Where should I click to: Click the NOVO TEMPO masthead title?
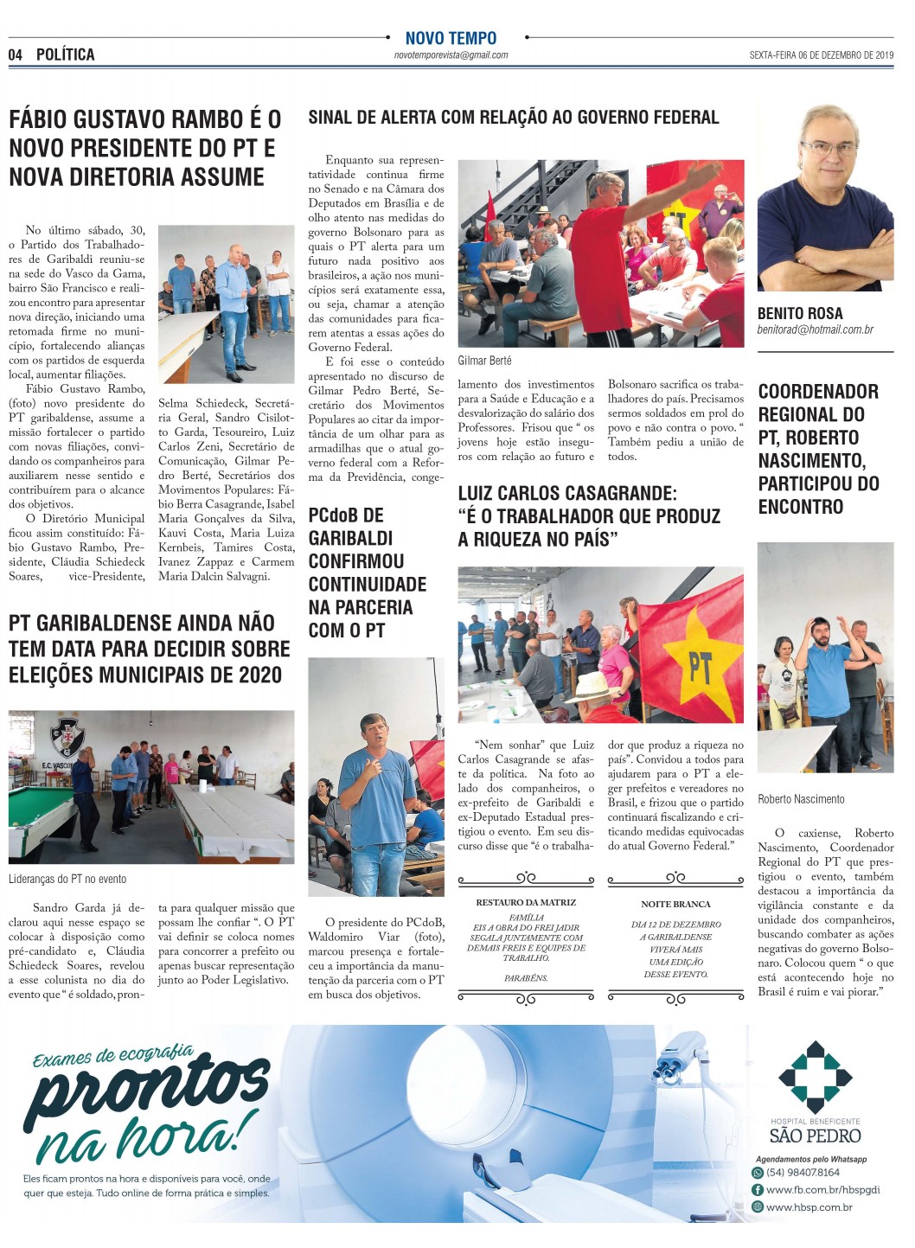tap(451, 38)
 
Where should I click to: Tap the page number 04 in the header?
tap(16, 54)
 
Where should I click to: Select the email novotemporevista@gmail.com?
tap(451, 55)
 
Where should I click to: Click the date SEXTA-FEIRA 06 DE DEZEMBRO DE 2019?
tap(821, 55)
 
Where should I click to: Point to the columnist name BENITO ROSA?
tap(799, 313)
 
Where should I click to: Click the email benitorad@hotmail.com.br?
tap(815, 330)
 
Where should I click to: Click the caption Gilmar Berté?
tap(484, 361)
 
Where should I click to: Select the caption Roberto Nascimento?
tap(801, 799)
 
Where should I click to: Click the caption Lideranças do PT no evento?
tap(67, 879)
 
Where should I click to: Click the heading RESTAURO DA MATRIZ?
tap(526, 902)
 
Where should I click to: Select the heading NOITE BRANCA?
tap(675, 904)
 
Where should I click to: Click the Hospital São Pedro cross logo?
tap(815, 1075)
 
